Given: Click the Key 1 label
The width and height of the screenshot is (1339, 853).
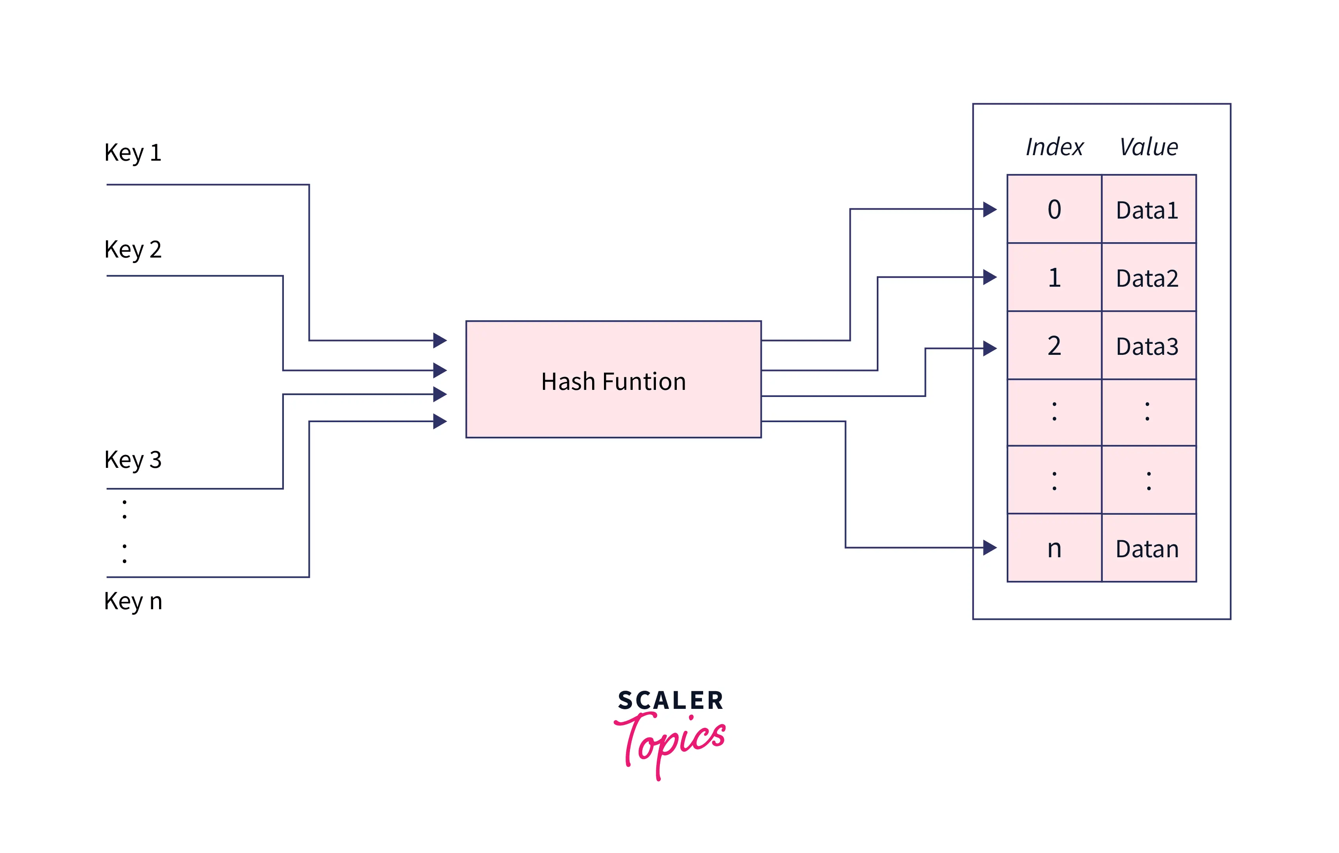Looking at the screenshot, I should pyautogui.click(x=133, y=152).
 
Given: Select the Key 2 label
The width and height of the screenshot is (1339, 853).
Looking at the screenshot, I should pyautogui.click(x=133, y=249).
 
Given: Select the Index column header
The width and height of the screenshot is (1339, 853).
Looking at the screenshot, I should pyautogui.click(x=1054, y=147).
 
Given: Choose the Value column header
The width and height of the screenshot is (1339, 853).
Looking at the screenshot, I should pyautogui.click(x=1148, y=147).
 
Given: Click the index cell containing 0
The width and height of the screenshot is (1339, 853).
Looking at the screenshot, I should pyautogui.click(x=1054, y=210).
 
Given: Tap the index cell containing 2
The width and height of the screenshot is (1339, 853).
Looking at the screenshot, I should pyautogui.click(x=1054, y=345).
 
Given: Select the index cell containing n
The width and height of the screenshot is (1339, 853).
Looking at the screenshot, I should pyautogui.click(x=1054, y=548).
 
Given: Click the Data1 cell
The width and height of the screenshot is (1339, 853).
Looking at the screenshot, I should pyautogui.click(x=1148, y=210).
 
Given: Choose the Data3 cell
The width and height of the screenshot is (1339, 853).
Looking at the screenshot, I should pyautogui.click(x=1148, y=345).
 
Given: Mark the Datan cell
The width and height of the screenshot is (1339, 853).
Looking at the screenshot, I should pyautogui.click(x=1148, y=548).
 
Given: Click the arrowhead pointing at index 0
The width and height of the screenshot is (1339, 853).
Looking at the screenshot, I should pyautogui.click(x=989, y=210).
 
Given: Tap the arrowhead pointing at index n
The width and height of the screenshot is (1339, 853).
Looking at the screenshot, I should pyautogui.click(x=989, y=548).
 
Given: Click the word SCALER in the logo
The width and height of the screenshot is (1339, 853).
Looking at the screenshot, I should pyautogui.click(x=670, y=701).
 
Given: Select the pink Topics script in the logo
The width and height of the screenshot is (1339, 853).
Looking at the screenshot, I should pyautogui.click(x=670, y=742).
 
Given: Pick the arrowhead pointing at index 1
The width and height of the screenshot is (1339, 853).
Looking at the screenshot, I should pyautogui.click(x=989, y=277).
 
